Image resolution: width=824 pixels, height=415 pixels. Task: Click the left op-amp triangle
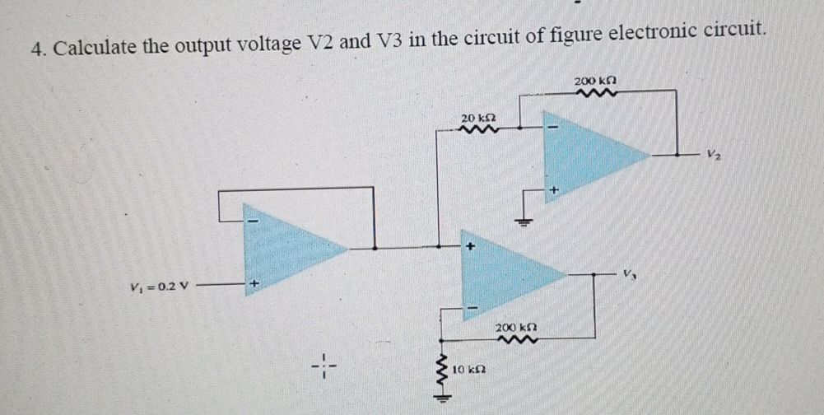click(x=288, y=249)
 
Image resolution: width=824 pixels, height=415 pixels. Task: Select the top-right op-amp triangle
click(x=589, y=154)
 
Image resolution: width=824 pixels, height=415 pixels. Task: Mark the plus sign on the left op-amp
click(x=254, y=285)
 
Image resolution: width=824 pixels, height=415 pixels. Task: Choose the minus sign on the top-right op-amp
click(x=553, y=128)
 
